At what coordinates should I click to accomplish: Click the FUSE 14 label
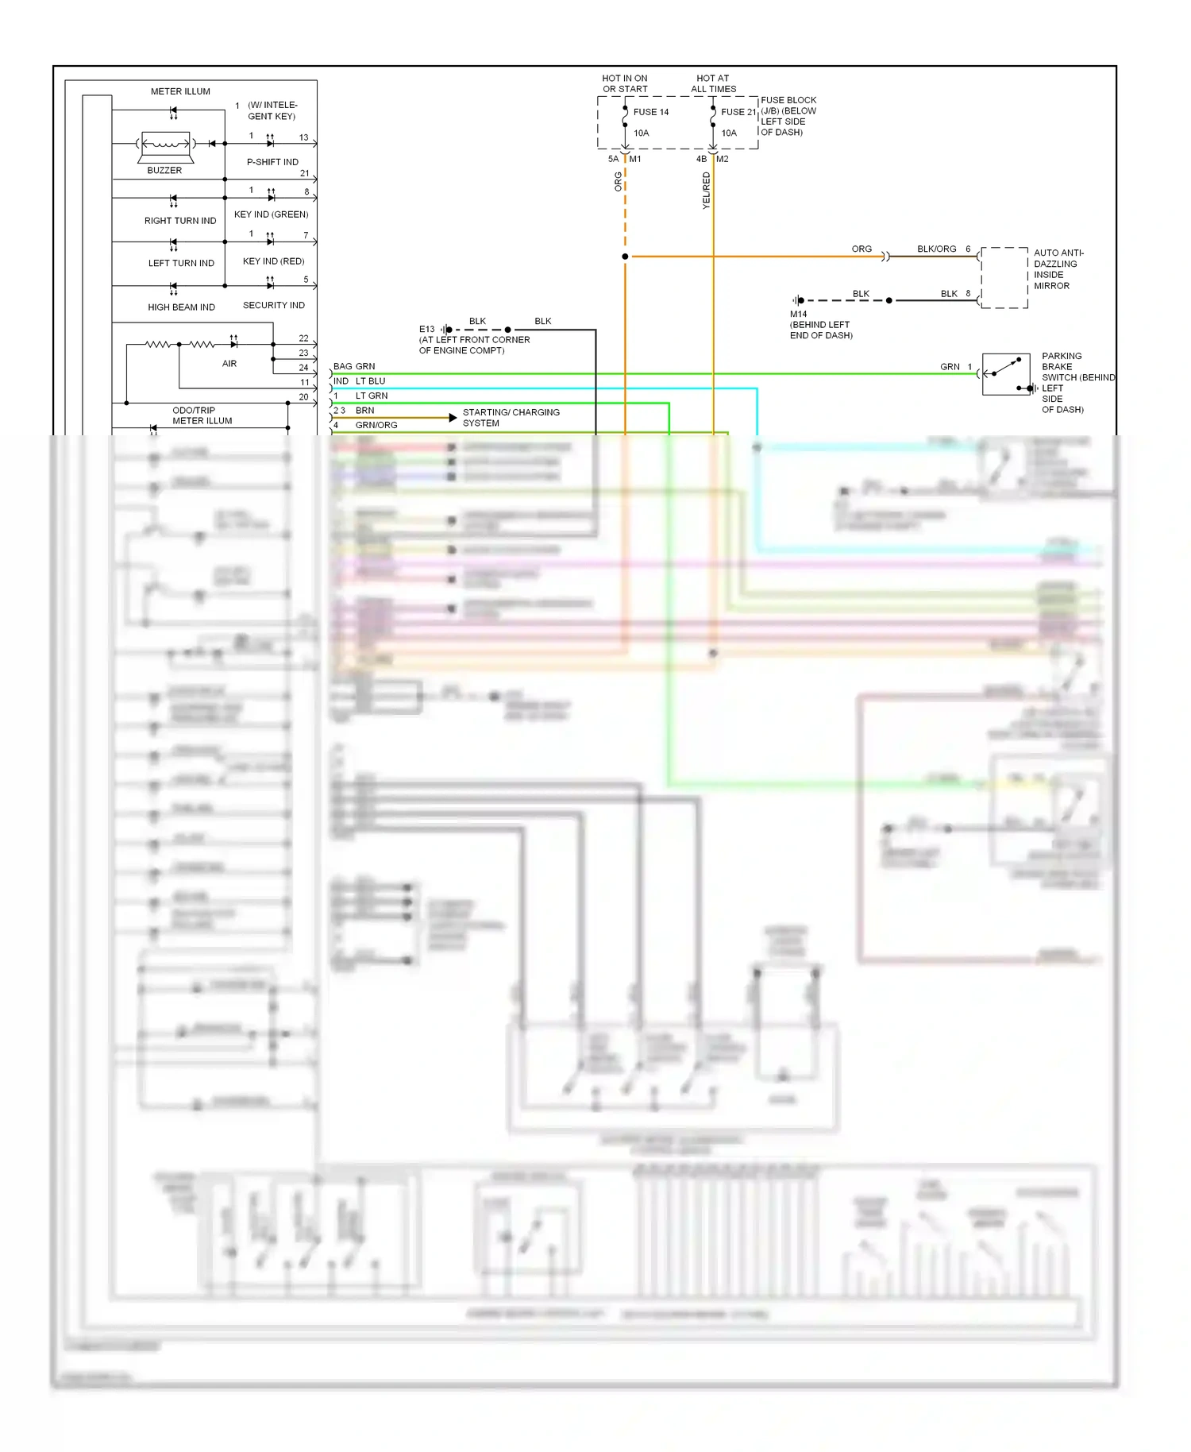(x=650, y=112)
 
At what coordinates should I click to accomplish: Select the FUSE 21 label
(x=738, y=112)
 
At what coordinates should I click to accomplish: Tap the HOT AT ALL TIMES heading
(x=713, y=83)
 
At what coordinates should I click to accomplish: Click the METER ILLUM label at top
(x=180, y=91)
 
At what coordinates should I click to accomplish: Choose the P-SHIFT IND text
(x=272, y=162)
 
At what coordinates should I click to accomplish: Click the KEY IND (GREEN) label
(x=271, y=214)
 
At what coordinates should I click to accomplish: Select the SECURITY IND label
(x=273, y=305)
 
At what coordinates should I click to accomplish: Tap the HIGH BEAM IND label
(x=181, y=307)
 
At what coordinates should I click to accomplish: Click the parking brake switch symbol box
(x=1006, y=373)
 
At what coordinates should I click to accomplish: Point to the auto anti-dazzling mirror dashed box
(x=1004, y=277)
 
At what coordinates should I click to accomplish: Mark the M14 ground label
(x=798, y=314)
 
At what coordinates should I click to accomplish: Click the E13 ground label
(x=426, y=329)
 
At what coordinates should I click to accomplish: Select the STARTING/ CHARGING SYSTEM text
(x=511, y=418)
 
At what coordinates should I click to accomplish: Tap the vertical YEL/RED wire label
(x=706, y=191)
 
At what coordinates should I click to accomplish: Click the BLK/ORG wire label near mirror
(x=936, y=249)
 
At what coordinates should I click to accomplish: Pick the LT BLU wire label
(x=370, y=381)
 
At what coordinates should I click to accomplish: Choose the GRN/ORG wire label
(x=376, y=425)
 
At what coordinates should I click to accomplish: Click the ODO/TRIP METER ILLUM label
(x=202, y=415)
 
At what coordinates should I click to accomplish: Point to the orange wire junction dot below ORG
(x=625, y=257)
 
